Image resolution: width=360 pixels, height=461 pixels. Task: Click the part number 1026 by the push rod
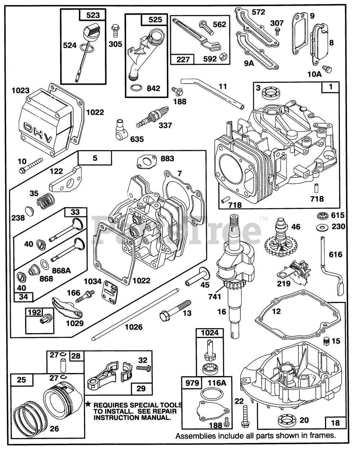[x=134, y=327]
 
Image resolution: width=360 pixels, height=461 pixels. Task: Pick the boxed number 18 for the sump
[x=335, y=423]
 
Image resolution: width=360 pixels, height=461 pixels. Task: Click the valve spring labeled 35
[x=44, y=201]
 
